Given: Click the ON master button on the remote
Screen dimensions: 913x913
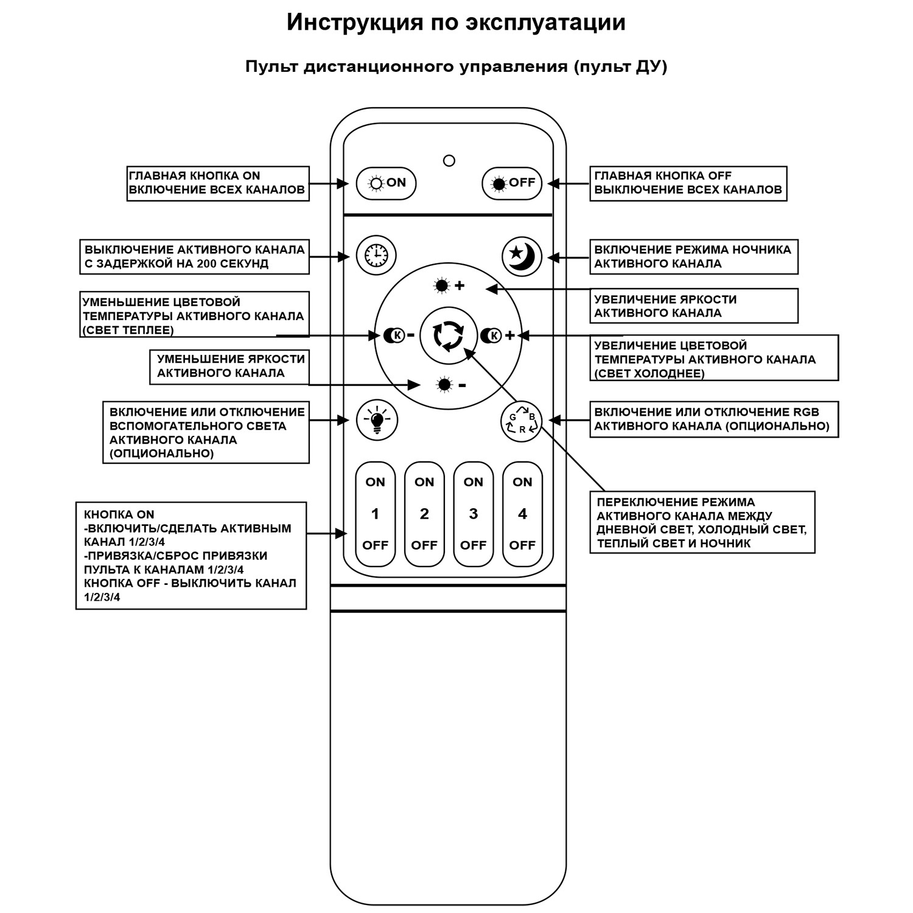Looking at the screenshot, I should coord(386,183).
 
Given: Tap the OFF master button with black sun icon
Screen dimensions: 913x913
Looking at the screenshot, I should coord(512,183).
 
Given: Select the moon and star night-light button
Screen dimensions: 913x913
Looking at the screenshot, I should coord(522,255).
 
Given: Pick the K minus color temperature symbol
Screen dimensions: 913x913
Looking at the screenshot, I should coord(399,335).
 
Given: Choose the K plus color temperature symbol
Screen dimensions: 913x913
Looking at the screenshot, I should coord(497,335).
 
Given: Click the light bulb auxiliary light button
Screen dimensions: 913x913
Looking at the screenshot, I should coord(376,420).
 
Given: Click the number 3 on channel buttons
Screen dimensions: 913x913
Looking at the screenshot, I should coord(473,514).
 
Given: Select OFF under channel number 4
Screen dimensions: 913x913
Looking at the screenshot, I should coord(522,545).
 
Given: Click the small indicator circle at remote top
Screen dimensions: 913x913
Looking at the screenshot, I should coord(449,161).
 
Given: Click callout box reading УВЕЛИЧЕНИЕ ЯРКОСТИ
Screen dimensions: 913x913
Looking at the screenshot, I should coord(694,306).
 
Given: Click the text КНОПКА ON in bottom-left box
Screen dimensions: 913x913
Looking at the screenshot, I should coord(119,515).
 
